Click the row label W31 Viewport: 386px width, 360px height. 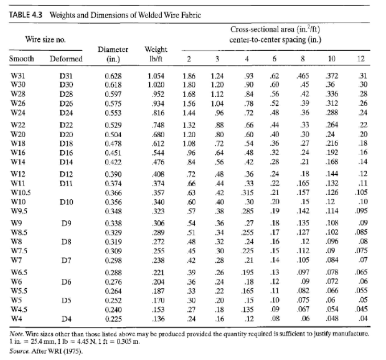18,76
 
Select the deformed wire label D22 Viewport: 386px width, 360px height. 66,125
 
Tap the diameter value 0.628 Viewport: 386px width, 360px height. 113,76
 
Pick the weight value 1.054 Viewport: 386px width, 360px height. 156,76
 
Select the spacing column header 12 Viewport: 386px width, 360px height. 361,59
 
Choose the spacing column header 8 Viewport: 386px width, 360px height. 303,59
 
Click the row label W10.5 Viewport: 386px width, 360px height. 20,193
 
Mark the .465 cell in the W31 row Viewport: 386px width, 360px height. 303,76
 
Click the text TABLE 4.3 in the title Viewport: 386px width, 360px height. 26,15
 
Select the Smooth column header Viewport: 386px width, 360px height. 21,59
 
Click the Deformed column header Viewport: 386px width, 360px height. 66,59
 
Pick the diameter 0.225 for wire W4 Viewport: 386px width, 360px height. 113,319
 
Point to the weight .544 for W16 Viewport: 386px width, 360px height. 158,153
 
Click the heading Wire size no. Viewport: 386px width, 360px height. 45,39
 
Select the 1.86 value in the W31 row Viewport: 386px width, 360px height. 189,76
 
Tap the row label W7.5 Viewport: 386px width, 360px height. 19,251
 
